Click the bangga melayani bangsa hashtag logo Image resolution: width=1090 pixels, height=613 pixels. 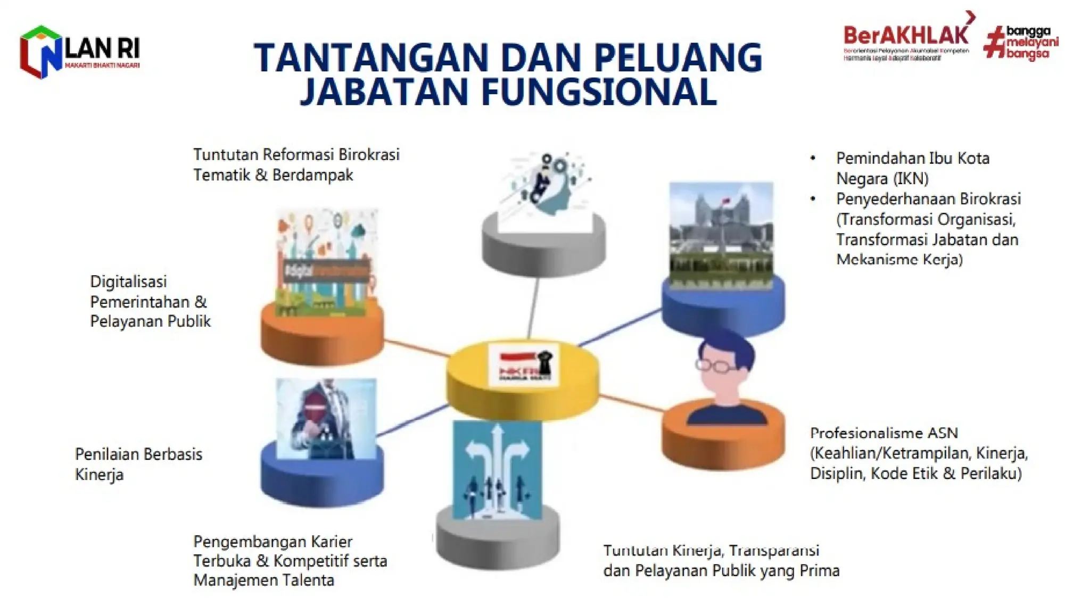tap(1021, 43)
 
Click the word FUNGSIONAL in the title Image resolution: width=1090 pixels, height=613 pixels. tap(599, 92)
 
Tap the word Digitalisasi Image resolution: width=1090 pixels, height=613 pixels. tap(128, 281)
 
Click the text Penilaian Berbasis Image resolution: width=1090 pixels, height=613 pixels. tap(138, 454)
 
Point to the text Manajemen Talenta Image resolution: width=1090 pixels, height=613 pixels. tap(263, 580)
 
